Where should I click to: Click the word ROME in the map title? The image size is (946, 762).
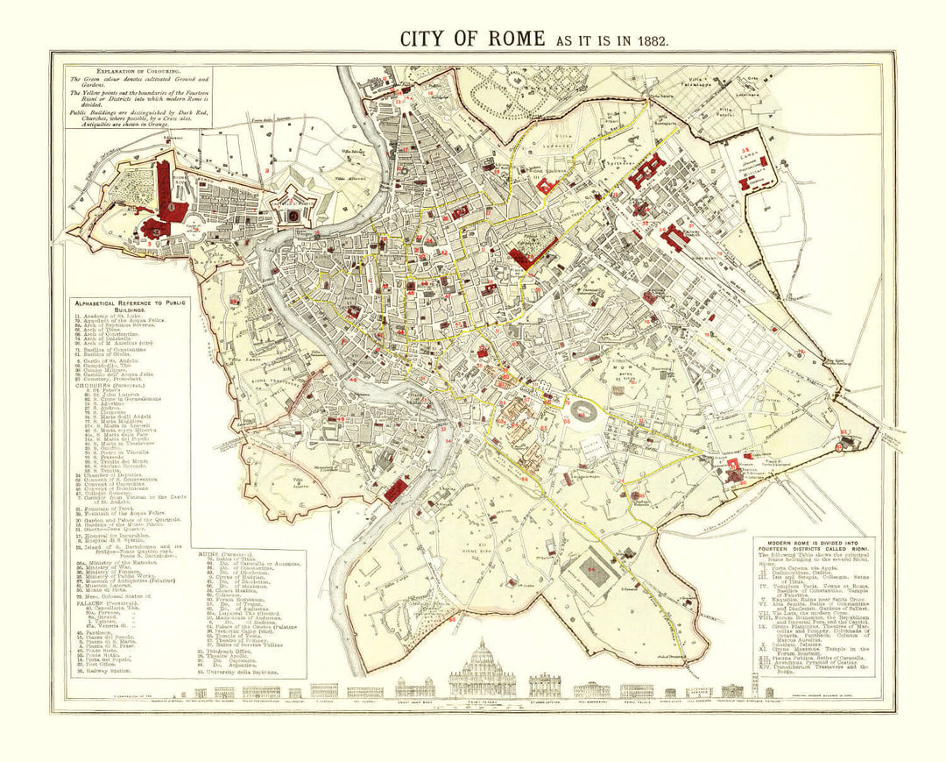508,39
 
